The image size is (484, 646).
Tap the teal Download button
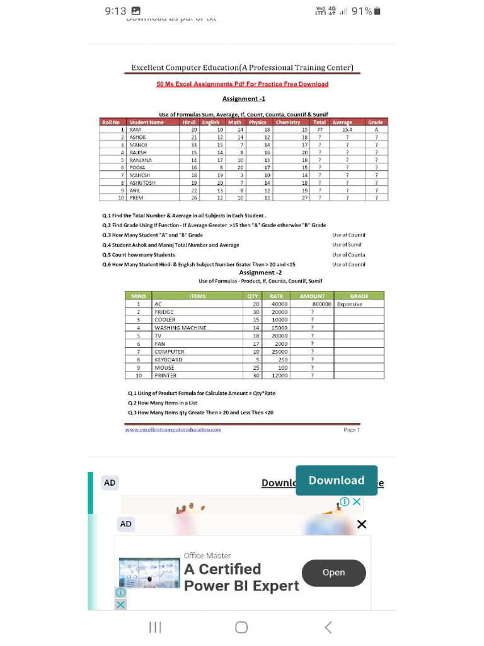click(337, 481)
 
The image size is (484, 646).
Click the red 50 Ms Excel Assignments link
click(242, 84)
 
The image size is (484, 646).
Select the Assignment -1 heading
click(243, 99)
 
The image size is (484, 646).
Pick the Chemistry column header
click(288, 122)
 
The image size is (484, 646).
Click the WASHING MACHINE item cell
click(180, 328)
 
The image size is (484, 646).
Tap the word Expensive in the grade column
click(350, 304)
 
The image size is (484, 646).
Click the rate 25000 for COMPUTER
click(280, 351)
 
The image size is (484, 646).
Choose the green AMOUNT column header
click(312, 296)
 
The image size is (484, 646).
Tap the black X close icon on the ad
click(362, 524)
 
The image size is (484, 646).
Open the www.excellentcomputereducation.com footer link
click(173, 430)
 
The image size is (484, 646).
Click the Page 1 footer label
click(352, 430)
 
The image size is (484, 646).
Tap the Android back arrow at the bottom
click(328, 627)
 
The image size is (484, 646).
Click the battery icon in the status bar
click(377, 11)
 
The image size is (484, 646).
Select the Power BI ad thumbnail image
click(149, 572)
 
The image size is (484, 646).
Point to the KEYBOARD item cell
click(169, 360)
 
